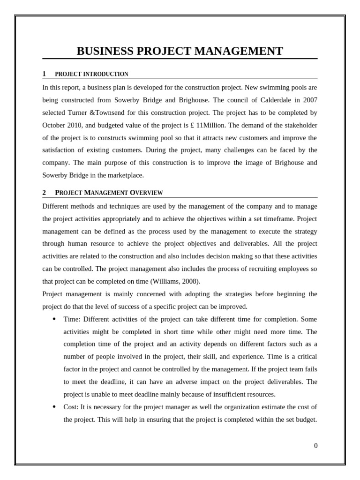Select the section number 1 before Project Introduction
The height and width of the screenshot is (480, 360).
coord(44,74)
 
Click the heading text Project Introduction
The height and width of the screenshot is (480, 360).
coord(91,74)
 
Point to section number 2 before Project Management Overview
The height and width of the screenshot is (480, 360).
coord(44,193)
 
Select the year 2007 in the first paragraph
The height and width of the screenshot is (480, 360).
coord(309,100)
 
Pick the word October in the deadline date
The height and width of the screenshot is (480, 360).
coord(54,125)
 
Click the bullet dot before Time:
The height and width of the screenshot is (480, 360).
coord(54,319)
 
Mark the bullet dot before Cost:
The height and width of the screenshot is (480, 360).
coord(54,406)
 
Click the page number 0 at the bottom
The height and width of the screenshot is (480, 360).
coord(315,446)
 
